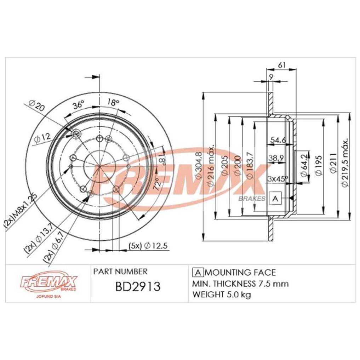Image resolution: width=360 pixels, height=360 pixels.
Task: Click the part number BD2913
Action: tap(138, 286)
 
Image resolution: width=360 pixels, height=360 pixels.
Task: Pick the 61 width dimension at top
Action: tap(282, 65)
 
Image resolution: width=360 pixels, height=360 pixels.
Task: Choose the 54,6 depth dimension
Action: tap(278, 140)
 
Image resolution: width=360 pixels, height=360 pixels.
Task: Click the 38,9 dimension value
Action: tap(276, 158)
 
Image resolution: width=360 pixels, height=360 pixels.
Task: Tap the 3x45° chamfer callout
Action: tap(278, 179)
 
